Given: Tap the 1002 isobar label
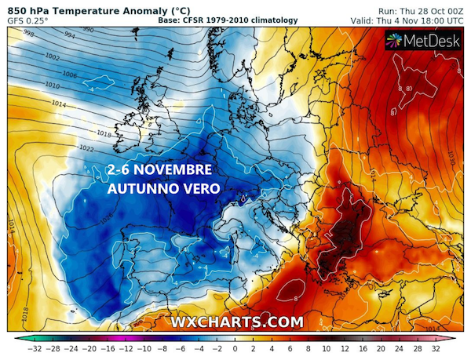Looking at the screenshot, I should coord(53,57).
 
